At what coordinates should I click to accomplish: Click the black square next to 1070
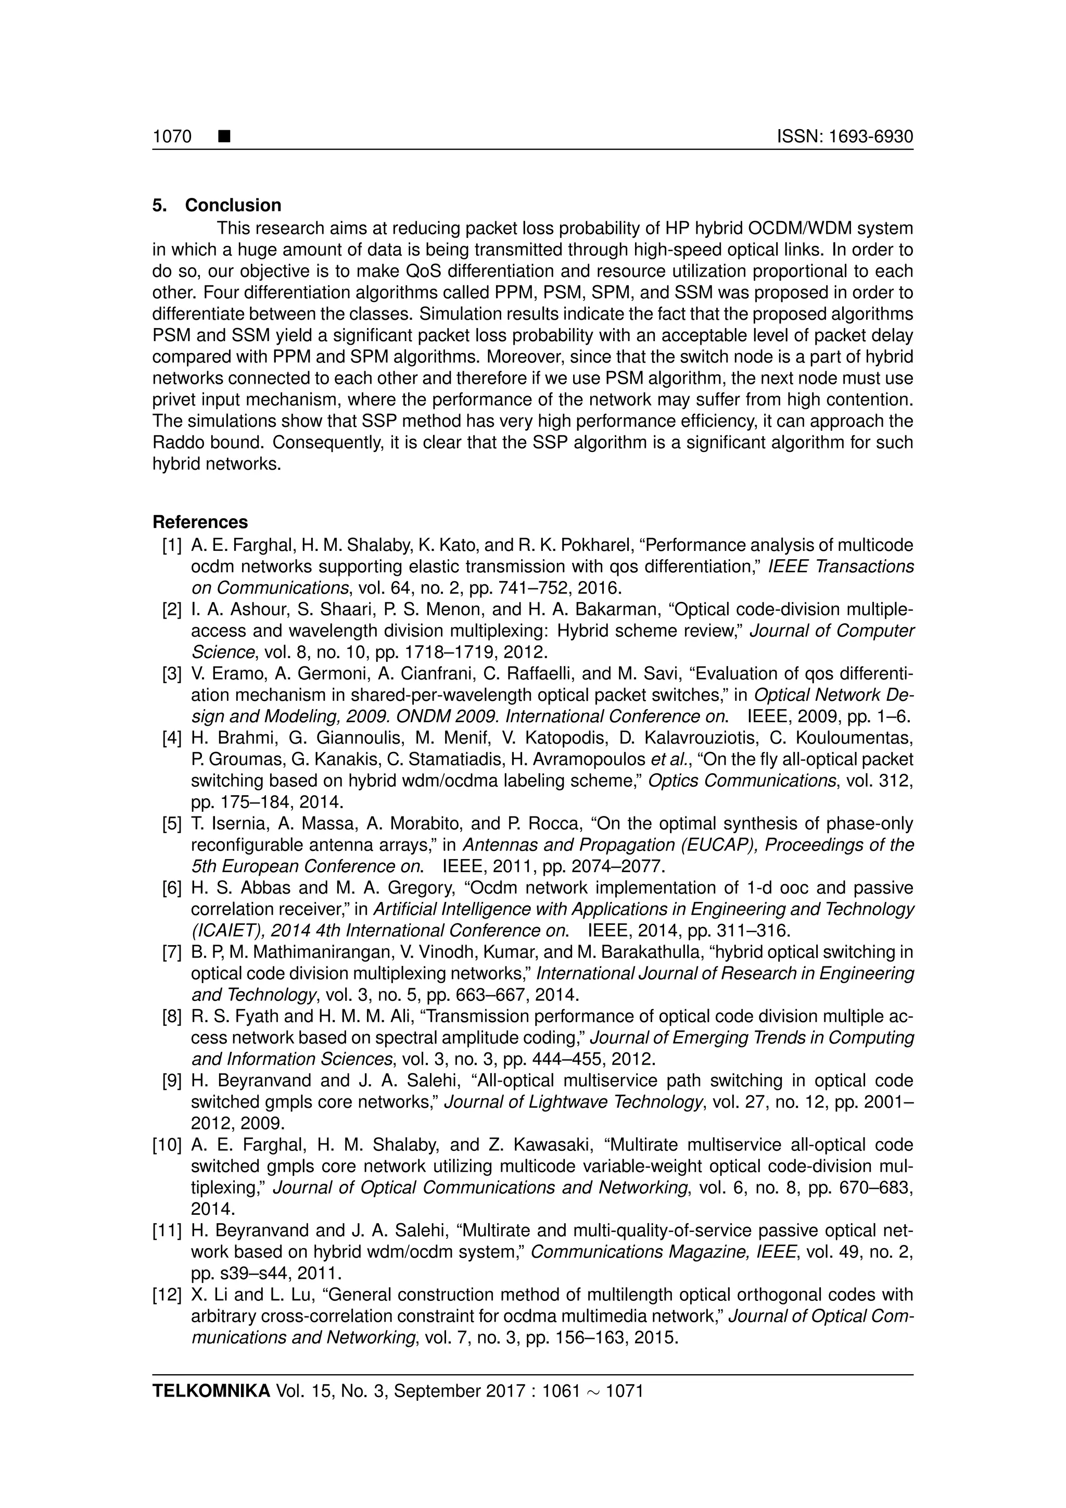224,136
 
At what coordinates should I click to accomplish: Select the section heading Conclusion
233,205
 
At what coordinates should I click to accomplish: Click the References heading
200,522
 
